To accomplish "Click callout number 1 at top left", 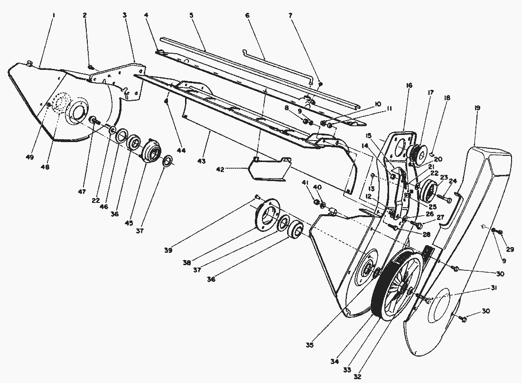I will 54,16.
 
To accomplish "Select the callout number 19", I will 477,108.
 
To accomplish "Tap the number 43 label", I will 201,162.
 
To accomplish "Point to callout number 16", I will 409,86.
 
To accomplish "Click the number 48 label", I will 46,167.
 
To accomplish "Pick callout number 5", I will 192,16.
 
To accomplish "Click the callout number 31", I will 494,288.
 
